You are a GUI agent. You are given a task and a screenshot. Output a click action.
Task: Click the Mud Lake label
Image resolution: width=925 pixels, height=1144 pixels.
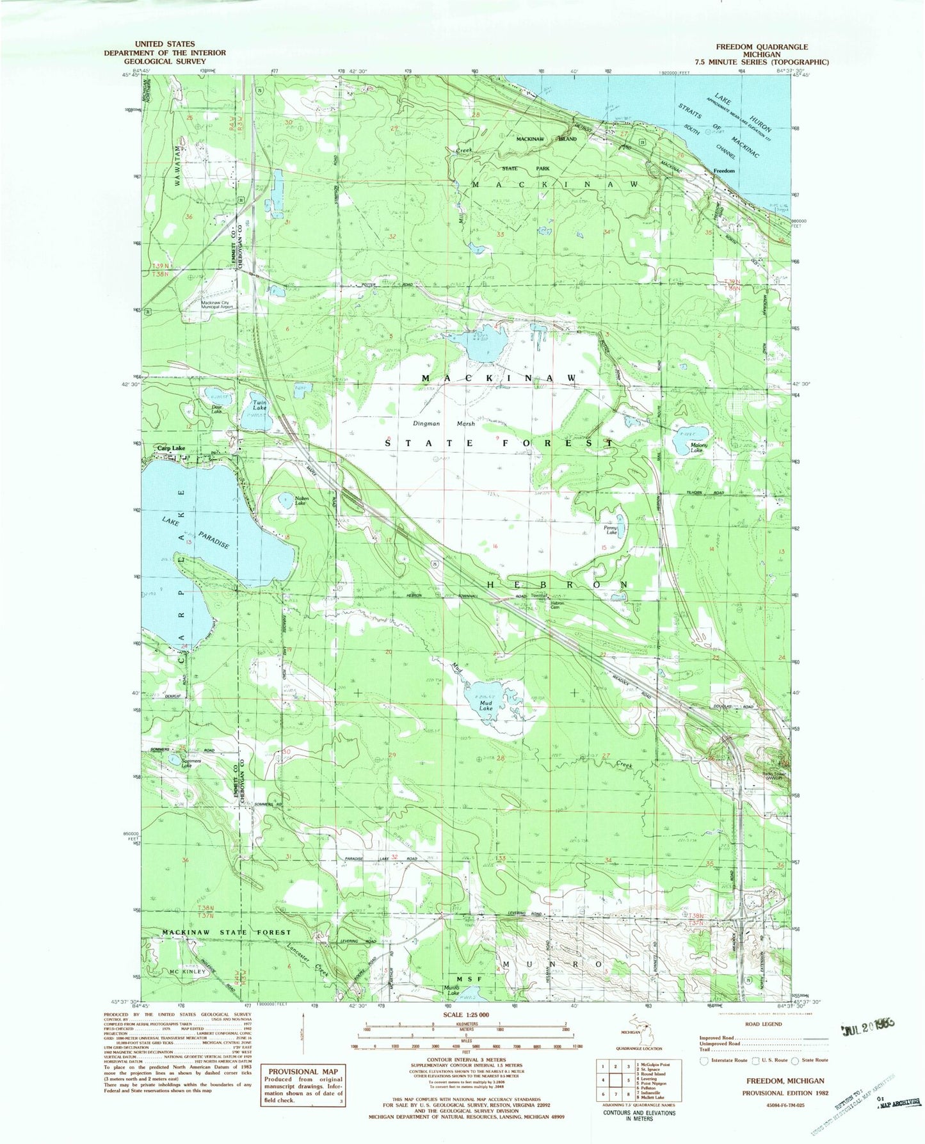point(486,705)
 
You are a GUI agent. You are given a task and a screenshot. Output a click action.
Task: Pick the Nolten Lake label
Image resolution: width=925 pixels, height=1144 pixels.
point(302,501)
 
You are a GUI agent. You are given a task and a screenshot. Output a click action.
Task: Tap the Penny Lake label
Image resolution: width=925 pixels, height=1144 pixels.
point(611,531)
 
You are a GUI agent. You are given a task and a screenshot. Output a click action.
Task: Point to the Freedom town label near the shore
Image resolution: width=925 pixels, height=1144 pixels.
point(724,171)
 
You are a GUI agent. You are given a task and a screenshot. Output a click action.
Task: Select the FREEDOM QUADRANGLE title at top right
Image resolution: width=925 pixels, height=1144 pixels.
point(762,47)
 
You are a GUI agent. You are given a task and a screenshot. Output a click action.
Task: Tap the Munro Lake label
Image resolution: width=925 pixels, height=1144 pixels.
point(453,988)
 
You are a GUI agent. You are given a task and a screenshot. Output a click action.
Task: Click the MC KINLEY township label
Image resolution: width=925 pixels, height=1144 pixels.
point(188,971)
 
